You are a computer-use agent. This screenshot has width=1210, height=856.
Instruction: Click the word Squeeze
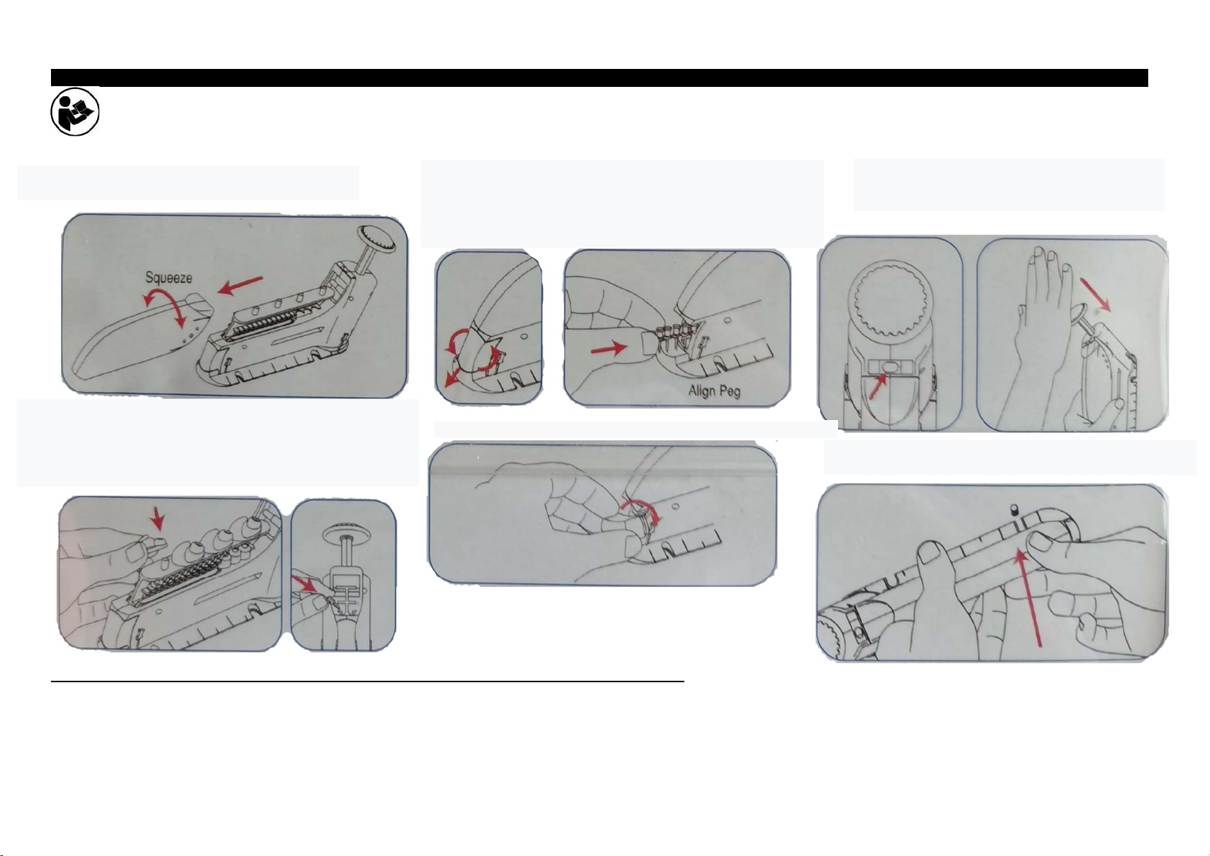[x=169, y=278]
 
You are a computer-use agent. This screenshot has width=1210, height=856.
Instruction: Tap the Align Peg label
[x=714, y=391]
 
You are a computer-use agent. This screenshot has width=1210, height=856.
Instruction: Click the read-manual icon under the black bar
[x=75, y=112]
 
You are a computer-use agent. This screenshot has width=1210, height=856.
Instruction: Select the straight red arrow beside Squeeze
[x=240, y=286]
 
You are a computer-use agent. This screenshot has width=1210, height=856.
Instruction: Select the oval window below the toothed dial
[x=890, y=368]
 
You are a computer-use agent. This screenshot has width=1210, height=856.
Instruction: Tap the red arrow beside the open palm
[x=1095, y=294]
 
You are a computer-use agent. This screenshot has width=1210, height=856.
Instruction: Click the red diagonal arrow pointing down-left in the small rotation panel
[x=454, y=376]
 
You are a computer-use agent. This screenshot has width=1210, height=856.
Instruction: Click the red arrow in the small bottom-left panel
[x=304, y=583]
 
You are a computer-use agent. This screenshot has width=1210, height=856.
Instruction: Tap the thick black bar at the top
[x=599, y=78]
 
